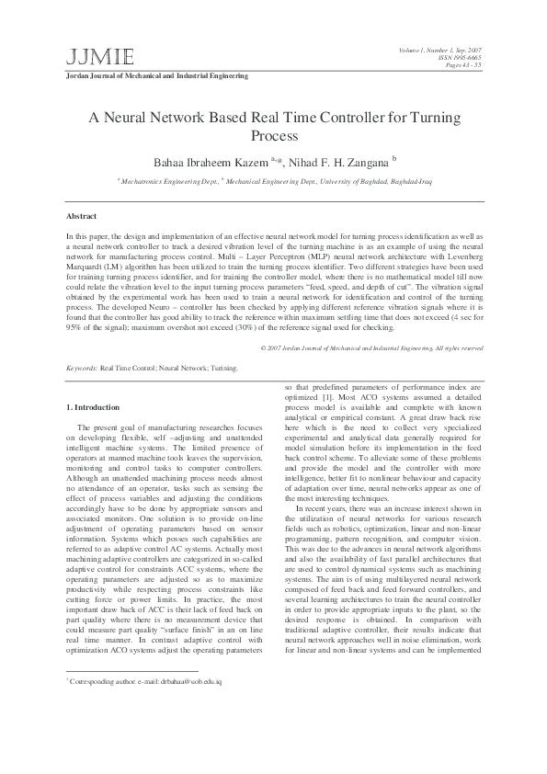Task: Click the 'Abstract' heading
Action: tap(82, 216)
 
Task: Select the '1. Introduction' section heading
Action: tap(93, 407)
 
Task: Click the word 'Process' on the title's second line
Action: tap(274, 137)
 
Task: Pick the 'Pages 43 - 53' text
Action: tap(462, 65)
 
